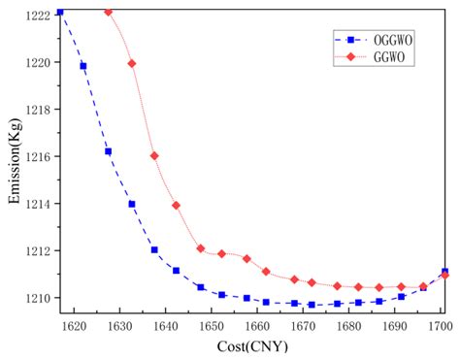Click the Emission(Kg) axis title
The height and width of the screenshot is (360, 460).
(14, 160)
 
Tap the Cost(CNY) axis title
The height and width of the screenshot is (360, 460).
(254, 345)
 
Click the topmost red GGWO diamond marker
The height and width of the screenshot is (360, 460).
(108, 12)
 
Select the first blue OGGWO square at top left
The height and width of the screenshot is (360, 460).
(60, 12)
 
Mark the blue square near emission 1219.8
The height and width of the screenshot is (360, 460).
(83, 66)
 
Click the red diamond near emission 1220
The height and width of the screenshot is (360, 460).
(132, 63)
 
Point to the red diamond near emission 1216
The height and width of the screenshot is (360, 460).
(154, 155)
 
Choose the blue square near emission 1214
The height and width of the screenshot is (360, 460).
(132, 204)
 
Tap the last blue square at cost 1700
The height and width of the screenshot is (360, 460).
(444, 272)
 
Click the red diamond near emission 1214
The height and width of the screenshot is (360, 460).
(176, 205)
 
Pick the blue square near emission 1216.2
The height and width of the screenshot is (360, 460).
(108, 151)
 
